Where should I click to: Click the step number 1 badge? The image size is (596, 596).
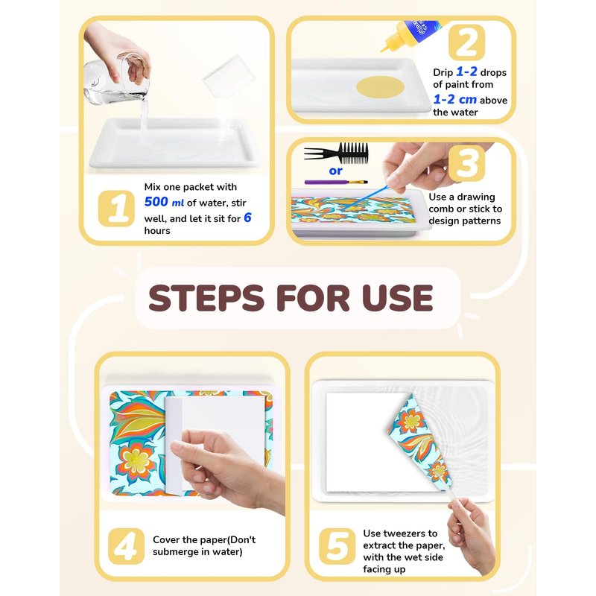116,209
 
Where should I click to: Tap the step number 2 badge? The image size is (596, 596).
466,42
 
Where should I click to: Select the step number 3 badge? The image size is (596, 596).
466,163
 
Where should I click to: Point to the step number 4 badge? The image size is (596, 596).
126,546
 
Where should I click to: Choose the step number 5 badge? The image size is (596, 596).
337,546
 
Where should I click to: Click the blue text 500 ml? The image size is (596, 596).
164,202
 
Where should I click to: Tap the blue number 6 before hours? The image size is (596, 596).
247,218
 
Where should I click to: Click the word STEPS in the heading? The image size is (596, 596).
206,297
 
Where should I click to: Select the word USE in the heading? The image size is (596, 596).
397,297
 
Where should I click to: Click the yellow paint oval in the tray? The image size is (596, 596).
380,86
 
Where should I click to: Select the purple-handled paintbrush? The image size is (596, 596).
336,182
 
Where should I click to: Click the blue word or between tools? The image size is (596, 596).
336,171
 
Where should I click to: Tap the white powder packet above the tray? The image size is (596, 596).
229,76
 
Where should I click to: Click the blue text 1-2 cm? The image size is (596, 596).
455,100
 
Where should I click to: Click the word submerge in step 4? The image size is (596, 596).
174,552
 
